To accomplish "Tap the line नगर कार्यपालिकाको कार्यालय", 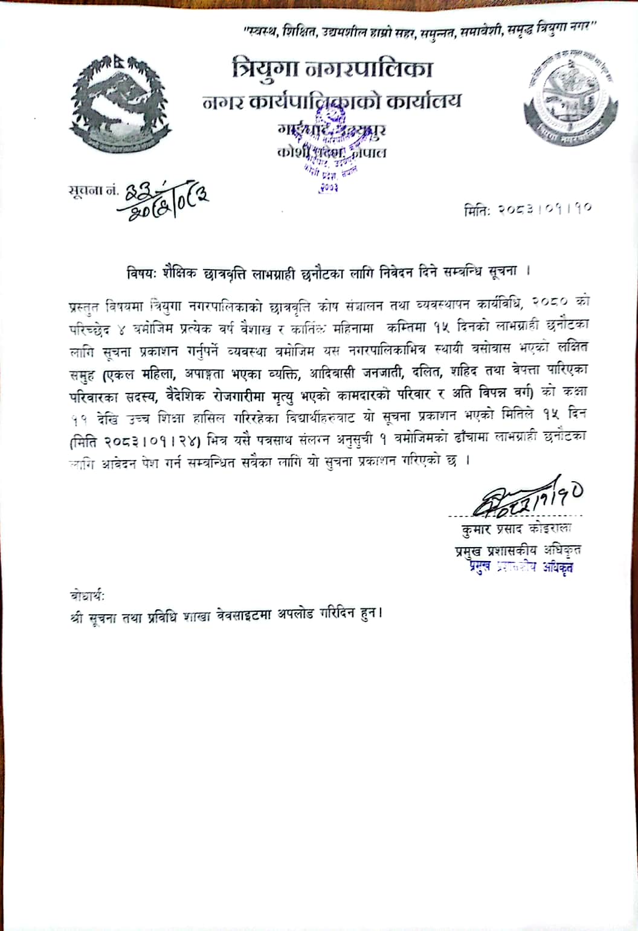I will [x=332, y=101].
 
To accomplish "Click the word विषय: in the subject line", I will [x=142, y=271].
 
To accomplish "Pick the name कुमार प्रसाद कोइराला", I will [x=514, y=530].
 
